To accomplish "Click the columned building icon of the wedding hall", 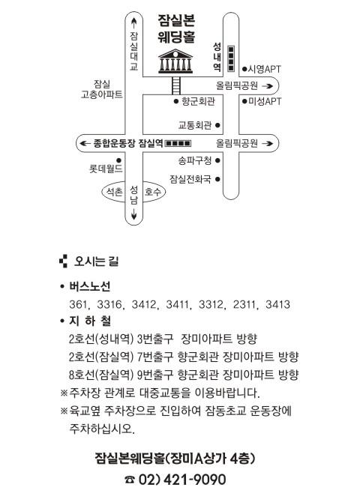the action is [175, 61].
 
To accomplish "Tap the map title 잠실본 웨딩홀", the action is [176, 28].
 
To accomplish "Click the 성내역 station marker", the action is [231, 59].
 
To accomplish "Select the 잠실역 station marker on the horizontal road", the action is [178, 143].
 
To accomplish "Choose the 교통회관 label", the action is [195, 125].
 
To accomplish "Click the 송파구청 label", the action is [195, 160].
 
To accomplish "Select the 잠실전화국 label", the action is [190, 179].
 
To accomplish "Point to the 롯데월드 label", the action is [106, 169].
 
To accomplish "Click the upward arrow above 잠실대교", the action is [133, 22].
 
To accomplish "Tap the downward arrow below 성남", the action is [133, 214].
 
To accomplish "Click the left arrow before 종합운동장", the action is [85, 143].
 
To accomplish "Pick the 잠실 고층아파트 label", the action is [102, 89].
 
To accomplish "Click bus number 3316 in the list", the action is [109, 304].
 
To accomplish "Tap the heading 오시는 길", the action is [96, 261].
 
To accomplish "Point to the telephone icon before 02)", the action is [129, 480].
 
